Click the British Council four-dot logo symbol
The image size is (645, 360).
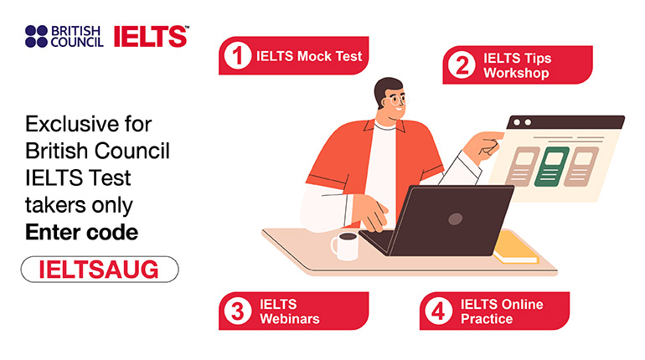(x=36, y=37)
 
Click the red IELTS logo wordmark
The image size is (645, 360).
(x=151, y=37)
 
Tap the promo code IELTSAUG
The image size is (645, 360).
(x=99, y=270)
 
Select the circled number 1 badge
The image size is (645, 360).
(x=237, y=55)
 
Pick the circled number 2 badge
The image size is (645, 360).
(x=462, y=65)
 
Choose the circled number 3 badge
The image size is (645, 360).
(x=237, y=311)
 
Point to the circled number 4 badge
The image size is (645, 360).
(x=438, y=311)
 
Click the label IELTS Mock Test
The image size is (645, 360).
(x=309, y=56)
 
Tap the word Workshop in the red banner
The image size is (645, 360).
(x=516, y=73)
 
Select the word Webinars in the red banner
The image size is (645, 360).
(x=290, y=319)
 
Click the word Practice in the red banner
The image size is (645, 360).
(x=487, y=319)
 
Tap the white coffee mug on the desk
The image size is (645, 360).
(x=345, y=246)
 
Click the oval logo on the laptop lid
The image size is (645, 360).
(x=455, y=219)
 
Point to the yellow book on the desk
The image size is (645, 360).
(x=516, y=248)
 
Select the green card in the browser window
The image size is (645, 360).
(x=551, y=167)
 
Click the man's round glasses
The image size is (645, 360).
(x=397, y=100)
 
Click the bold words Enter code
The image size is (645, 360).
(x=81, y=233)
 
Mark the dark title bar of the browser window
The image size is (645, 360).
(x=565, y=122)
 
